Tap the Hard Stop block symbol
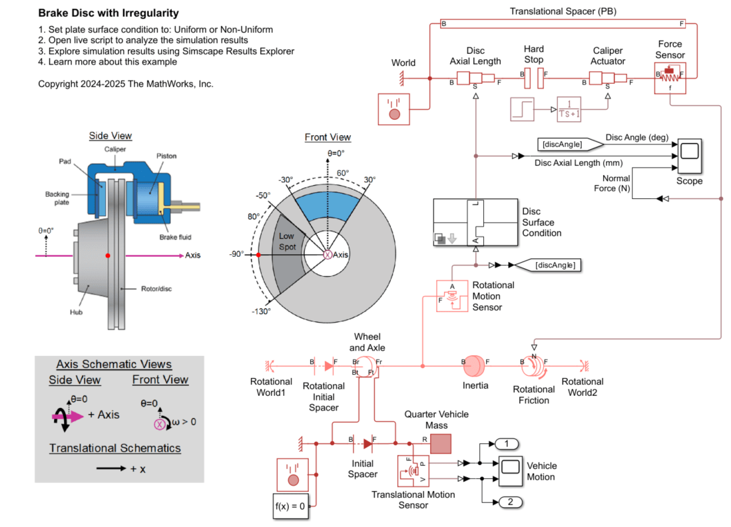[x=533, y=79]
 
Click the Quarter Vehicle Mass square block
[x=440, y=443]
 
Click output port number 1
[x=507, y=444]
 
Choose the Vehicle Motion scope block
[x=510, y=470]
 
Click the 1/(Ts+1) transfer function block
[x=569, y=110]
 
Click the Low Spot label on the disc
[x=287, y=241]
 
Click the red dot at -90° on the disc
[x=258, y=255]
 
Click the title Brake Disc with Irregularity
[x=109, y=13]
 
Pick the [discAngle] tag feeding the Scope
[x=560, y=144]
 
